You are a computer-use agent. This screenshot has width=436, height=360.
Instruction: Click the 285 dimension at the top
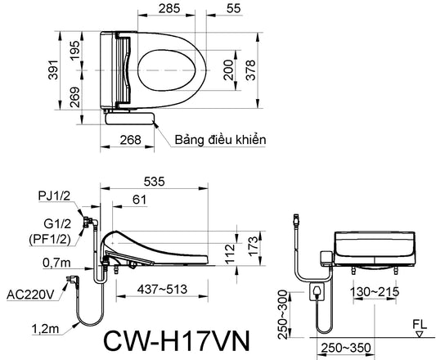tap(169, 9)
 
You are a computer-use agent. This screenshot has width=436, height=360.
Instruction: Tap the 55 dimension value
tap(233, 9)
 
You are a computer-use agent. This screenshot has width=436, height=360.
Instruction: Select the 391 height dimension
tap(53, 70)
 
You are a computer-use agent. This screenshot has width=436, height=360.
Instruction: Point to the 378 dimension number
tap(250, 70)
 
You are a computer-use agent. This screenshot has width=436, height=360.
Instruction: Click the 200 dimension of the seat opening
tap(228, 70)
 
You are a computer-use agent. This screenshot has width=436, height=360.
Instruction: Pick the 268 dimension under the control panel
tap(130, 139)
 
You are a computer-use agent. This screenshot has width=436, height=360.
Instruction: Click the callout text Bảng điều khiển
tap(220, 139)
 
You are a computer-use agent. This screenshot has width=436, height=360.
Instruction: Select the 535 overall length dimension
tap(154, 182)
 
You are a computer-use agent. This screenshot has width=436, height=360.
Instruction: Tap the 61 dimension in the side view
tap(139, 200)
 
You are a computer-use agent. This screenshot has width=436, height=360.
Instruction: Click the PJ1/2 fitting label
tap(54, 196)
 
